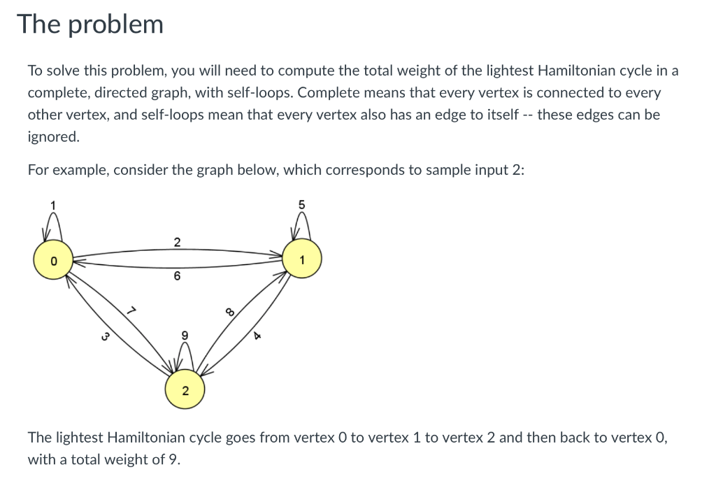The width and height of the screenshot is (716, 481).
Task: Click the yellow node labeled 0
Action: click(51, 260)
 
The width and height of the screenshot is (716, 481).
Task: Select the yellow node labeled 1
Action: click(301, 260)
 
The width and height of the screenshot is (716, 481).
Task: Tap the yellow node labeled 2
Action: click(185, 391)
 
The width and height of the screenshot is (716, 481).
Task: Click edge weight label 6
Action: click(176, 277)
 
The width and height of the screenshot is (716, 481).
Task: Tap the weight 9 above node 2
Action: click(185, 335)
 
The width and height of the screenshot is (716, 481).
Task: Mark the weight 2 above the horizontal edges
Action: click(176, 243)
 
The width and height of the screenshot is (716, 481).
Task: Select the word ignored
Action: click(52, 136)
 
